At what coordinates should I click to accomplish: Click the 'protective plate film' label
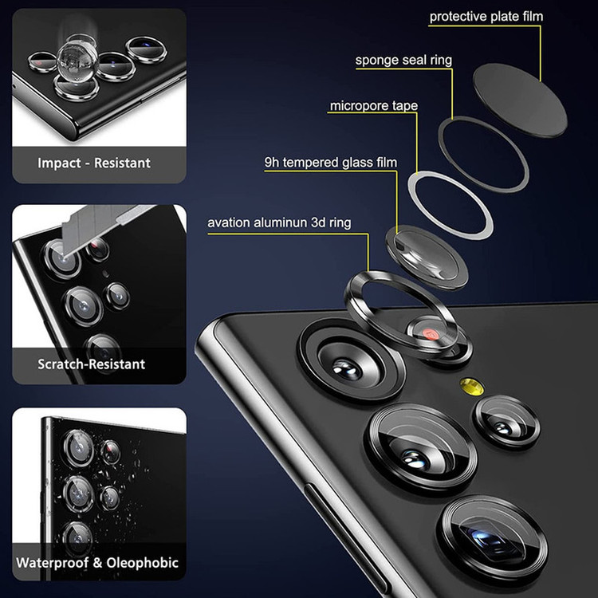486,17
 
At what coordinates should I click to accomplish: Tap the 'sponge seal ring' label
403,61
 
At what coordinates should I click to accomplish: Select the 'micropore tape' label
373,105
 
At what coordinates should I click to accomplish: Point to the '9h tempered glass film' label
331,163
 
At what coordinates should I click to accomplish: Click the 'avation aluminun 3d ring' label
279,222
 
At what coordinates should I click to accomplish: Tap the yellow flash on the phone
471,386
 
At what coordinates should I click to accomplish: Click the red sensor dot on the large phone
431,334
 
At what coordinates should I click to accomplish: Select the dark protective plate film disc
520,100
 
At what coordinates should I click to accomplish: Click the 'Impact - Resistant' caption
94,163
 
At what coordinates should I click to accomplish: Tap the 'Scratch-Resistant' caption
91,364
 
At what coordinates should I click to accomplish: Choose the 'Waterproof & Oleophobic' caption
97,563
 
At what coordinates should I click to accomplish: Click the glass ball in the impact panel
76,62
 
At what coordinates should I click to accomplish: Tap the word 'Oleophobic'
142,563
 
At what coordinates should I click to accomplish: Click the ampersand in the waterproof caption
97,563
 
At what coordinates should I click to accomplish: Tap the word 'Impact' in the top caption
59,163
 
